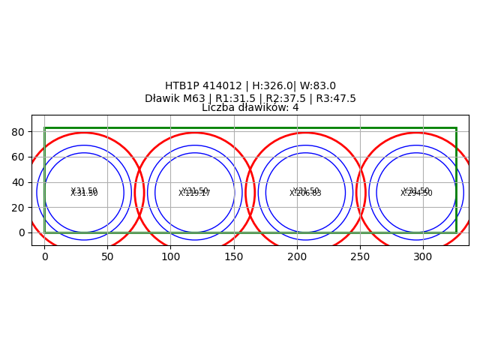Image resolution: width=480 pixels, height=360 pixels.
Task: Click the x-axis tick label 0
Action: [44, 256]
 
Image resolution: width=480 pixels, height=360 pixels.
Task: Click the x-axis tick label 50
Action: [107, 256]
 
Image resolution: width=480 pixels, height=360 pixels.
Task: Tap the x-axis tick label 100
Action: [170, 256]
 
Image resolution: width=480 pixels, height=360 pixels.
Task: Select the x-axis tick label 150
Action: [234, 256]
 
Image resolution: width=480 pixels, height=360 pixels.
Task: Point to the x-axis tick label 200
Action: [297, 256]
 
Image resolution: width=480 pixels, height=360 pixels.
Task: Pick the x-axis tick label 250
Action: [360, 256]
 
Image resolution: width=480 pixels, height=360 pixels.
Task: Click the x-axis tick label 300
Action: [423, 256]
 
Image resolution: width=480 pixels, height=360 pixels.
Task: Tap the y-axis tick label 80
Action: [19, 132]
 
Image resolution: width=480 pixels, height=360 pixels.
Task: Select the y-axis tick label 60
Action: [19, 157]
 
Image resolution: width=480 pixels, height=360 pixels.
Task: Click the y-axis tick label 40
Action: [19, 182]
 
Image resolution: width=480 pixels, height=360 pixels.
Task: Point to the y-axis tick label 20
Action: [19, 208]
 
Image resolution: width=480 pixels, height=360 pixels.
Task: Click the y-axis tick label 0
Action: [22, 232]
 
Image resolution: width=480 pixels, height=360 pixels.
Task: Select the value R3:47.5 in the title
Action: [335, 98]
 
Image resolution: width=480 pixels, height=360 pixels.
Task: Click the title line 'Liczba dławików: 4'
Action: [250, 108]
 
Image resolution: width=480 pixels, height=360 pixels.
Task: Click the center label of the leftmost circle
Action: [84, 193]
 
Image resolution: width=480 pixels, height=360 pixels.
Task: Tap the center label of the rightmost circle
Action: [416, 193]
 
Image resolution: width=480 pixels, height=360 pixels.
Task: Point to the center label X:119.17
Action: [195, 193]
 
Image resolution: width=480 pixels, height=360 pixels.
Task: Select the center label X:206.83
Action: [305, 193]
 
